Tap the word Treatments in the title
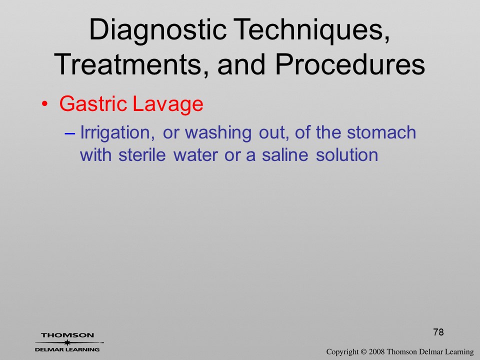click(x=128, y=64)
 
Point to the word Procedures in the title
click(x=350, y=64)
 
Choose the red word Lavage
click(x=168, y=104)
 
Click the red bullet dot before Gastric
click(x=44, y=104)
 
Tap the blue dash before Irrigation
click(x=69, y=134)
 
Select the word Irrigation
click(x=117, y=133)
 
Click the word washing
click(x=218, y=133)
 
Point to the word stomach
click(x=381, y=132)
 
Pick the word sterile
click(x=142, y=155)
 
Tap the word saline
click(x=285, y=155)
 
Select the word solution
click(x=347, y=155)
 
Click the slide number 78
click(x=438, y=332)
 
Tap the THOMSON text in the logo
click(x=67, y=335)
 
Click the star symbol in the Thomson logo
click(x=67, y=342)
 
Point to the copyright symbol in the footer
click(x=363, y=351)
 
